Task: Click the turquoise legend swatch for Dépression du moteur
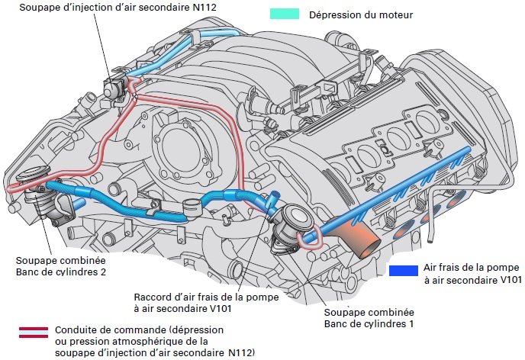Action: [285, 14]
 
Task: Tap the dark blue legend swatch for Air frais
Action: [404, 271]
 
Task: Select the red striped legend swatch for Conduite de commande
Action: [34, 333]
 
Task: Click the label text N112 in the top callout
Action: [205, 7]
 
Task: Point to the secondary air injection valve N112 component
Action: [114, 87]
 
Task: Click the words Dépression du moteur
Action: [361, 14]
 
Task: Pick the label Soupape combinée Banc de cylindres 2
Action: [61, 266]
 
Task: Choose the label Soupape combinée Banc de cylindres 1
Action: [369, 318]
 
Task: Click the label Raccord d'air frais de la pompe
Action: [206, 297]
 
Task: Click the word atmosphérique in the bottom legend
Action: [135, 342]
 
